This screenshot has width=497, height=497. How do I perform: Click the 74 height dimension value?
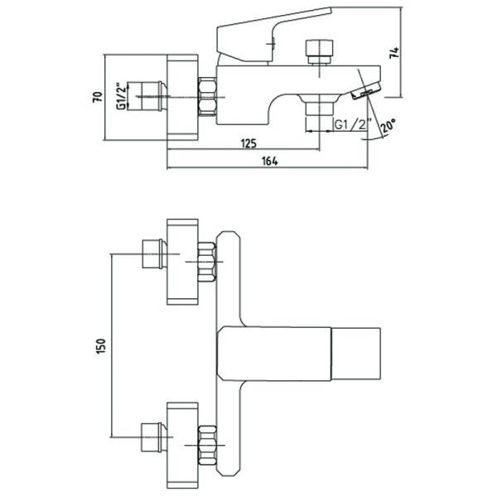(x=394, y=53)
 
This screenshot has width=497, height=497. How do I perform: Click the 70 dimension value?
(x=99, y=96)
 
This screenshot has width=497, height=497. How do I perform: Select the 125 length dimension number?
(x=248, y=143)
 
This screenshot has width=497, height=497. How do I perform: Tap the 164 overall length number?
(x=270, y=161)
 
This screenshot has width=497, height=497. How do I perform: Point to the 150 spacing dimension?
(x=101, y=346)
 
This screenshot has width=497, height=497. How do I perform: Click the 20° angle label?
(x=388, y=126)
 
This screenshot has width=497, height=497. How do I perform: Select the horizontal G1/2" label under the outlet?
(x=351, y=125)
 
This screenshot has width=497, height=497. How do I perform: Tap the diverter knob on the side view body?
(x=319, y=51)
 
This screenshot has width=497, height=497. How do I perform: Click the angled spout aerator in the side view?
(x=365, y=91)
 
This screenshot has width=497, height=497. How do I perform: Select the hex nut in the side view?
(x=207, y=96)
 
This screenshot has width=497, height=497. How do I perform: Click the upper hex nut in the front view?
(x=207, y=262)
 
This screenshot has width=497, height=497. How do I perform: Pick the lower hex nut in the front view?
(x=207, y=446)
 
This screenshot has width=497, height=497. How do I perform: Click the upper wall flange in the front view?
(x=182, y=262)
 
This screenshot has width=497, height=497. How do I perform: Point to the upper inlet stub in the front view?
(x=154, y=254)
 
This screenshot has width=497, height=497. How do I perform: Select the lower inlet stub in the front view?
(x=154, y=437)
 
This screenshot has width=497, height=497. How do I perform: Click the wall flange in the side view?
(x=182, y=97)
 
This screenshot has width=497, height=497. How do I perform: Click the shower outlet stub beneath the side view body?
(x=319, y=107)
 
